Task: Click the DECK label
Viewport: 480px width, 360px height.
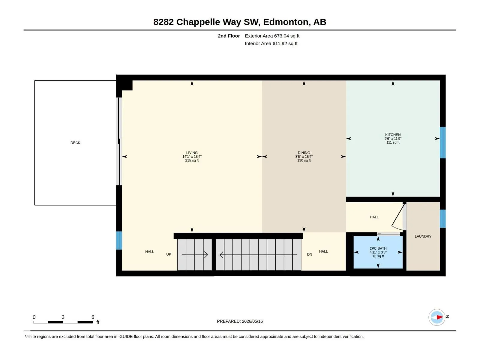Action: click(75, 143)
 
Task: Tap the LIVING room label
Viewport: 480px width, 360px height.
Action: click(192, 153)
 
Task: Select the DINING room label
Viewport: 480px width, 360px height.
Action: click(304, 153)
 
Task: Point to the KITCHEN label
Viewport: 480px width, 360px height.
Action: click(393, 135)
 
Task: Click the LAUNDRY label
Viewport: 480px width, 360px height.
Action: click(423, 236)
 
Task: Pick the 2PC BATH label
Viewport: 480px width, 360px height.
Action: click(378, 248)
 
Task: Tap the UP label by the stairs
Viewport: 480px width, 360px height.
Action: click(169, 254)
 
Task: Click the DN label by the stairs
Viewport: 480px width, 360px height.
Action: click(309, 254)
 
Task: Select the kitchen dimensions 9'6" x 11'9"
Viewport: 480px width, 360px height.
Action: click(393, 139)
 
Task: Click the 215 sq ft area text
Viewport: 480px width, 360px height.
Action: click(192, 160)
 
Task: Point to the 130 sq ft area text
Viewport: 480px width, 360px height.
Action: click(304, 160)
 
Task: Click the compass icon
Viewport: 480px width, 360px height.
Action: click(437, 317)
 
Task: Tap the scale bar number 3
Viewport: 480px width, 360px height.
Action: click(63, 317)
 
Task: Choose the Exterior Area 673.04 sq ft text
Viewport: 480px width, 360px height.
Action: click(272, 36)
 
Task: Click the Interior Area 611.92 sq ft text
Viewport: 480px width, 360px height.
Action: click(271, 43)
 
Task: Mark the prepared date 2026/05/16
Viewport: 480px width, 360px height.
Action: click(252, 321)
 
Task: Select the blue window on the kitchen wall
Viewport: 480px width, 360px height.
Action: click(442, 142)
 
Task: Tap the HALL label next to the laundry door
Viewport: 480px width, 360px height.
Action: click(374, 217)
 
